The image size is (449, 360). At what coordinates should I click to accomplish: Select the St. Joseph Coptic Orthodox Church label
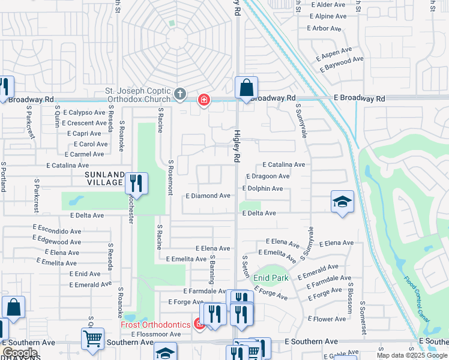pyautogui.click(x=137, y=95)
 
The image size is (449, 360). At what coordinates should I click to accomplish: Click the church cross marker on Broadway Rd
pyautogui.click(x=179, y=94)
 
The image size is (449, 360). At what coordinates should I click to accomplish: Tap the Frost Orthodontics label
pyautogui.click(x=156, y=325)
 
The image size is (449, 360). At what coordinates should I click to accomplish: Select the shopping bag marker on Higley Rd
pyautogui.click(x=246, y=88)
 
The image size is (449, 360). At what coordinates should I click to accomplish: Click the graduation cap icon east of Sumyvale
pyautogui.click(x=342, y=202)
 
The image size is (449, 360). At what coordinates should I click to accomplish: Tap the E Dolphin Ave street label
pyautogui.click(x=262, y=188)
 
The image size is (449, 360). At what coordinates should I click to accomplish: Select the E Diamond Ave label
pyautogui.click(x=208, y=196)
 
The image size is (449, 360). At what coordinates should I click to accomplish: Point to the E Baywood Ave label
pyautogui.click(x=342, y=64)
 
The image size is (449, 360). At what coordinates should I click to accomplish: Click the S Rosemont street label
pyautogui.click(x=170, y=177)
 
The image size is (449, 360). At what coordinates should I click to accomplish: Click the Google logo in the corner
pyautogui.click(x=20, y=353)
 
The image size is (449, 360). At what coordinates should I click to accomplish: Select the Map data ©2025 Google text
pyautogui.click(x=412, y=356)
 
